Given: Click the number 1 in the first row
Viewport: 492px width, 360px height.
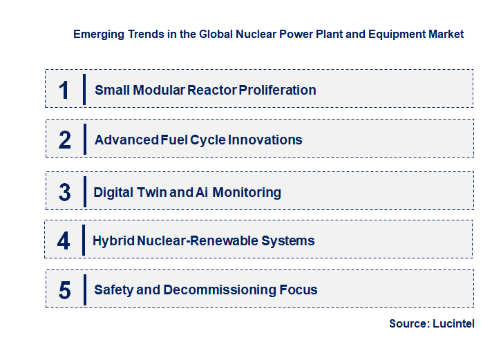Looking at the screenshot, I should (x=64, y=90).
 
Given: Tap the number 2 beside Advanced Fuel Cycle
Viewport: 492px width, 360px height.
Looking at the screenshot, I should (x=65, y=140).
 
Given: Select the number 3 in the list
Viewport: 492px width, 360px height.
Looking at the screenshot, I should (x=64, y=192).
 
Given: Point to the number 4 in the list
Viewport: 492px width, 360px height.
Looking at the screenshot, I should (x=64, y=240).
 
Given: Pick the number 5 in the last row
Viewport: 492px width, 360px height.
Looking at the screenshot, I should (x=64, y=290).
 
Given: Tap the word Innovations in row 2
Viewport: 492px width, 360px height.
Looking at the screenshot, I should (x=265, y=140).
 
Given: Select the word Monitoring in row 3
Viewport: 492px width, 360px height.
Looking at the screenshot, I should (x=247, y=192).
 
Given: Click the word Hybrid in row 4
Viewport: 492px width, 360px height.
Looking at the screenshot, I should (x=114, y=240).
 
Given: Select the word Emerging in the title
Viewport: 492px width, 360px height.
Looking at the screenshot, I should (x=97, y=34).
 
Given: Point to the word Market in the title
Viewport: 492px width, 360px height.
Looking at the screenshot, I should (x=446, y=34).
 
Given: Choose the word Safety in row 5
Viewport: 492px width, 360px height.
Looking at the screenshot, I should (x=113, y=290).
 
